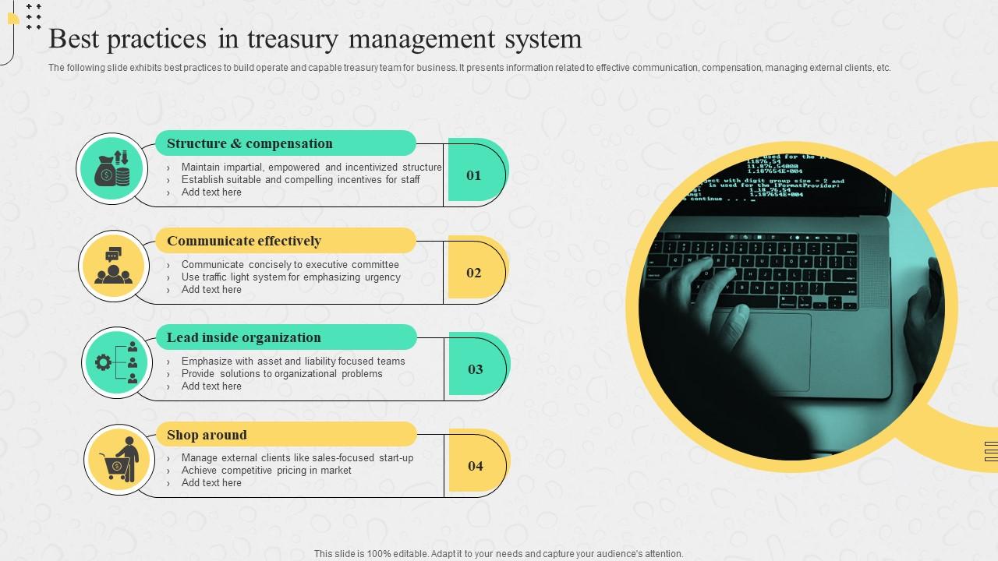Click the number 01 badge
pos(474,175)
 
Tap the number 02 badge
pos(474,273)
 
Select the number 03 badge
pos(476,369)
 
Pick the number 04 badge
pos(476,466)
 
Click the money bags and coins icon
pos(112,168)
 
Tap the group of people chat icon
pos(114,266)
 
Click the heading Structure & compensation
pos(249,143)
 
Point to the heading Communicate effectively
pos(244,241)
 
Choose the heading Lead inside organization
pos(244,337)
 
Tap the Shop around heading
pos(207,435)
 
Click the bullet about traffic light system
pos(291,277)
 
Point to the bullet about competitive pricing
pos(266,470)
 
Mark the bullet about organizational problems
pos(281,373)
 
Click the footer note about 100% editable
pos(498,554)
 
